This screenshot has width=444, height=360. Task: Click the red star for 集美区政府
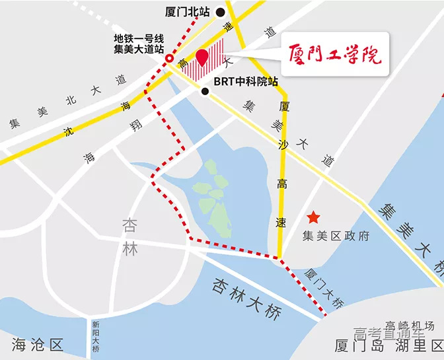tap(313, 217)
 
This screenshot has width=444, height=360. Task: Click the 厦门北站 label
tap(188, 12)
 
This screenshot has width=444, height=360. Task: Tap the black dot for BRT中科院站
tap(206, 92)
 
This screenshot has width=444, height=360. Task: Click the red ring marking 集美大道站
tap(169, 59)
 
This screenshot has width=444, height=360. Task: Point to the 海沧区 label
tap(36, 344)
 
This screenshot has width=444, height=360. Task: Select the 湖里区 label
tap(419, 345)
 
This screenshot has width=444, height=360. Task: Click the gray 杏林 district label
tap(130, 238)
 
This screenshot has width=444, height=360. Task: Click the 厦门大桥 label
tap(325, 289)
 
